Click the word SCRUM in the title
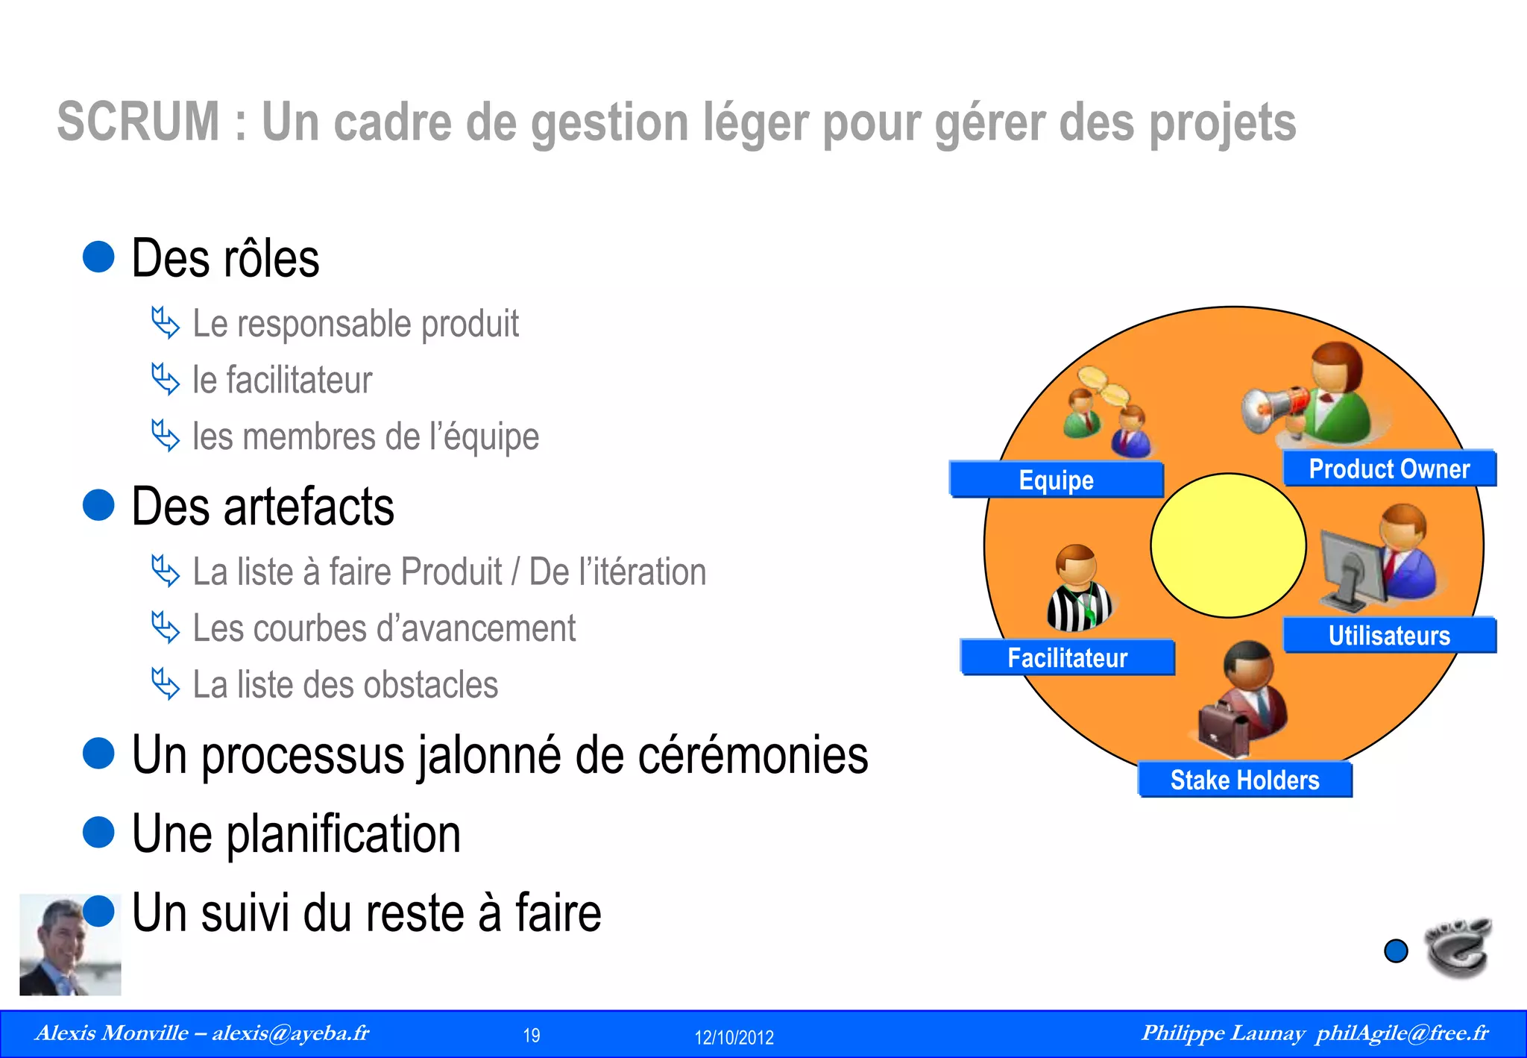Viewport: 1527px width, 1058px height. (139, 122)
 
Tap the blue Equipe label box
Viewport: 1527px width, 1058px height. (1056, 480)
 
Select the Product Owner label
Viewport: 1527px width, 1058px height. (1389, 469)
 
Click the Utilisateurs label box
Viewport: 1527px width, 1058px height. (1389, 636)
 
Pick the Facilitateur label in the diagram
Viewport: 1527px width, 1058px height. (1067, 658)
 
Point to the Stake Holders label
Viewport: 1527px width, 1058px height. (1244, 780)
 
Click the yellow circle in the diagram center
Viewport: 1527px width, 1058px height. (1228, 545)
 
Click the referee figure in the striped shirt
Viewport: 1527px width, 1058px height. (1078, 589)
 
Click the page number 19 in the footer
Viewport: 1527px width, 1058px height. (532, 1036)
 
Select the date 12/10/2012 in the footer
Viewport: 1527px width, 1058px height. (734, 1037)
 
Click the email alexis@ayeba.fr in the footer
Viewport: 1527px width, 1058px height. (290, 1033)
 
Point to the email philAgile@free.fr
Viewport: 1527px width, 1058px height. (1402, 1033)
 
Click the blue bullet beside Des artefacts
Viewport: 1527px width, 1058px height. (98, 505)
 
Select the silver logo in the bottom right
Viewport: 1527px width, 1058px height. (1458, 948)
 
